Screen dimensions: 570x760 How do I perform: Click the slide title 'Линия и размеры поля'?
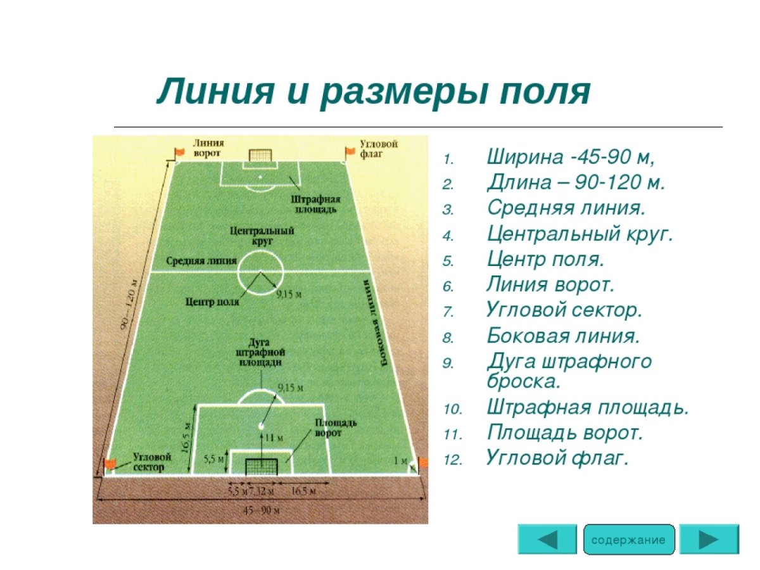374,92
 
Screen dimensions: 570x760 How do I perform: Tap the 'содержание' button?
628,540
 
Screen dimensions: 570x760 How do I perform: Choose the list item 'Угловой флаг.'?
557,458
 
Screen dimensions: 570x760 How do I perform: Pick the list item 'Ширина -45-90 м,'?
570,156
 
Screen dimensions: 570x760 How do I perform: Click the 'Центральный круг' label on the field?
262,236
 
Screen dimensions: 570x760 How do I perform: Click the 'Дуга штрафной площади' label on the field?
260,353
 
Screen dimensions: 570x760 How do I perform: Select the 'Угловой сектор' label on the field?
149,462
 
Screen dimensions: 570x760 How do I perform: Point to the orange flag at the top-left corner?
179,152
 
